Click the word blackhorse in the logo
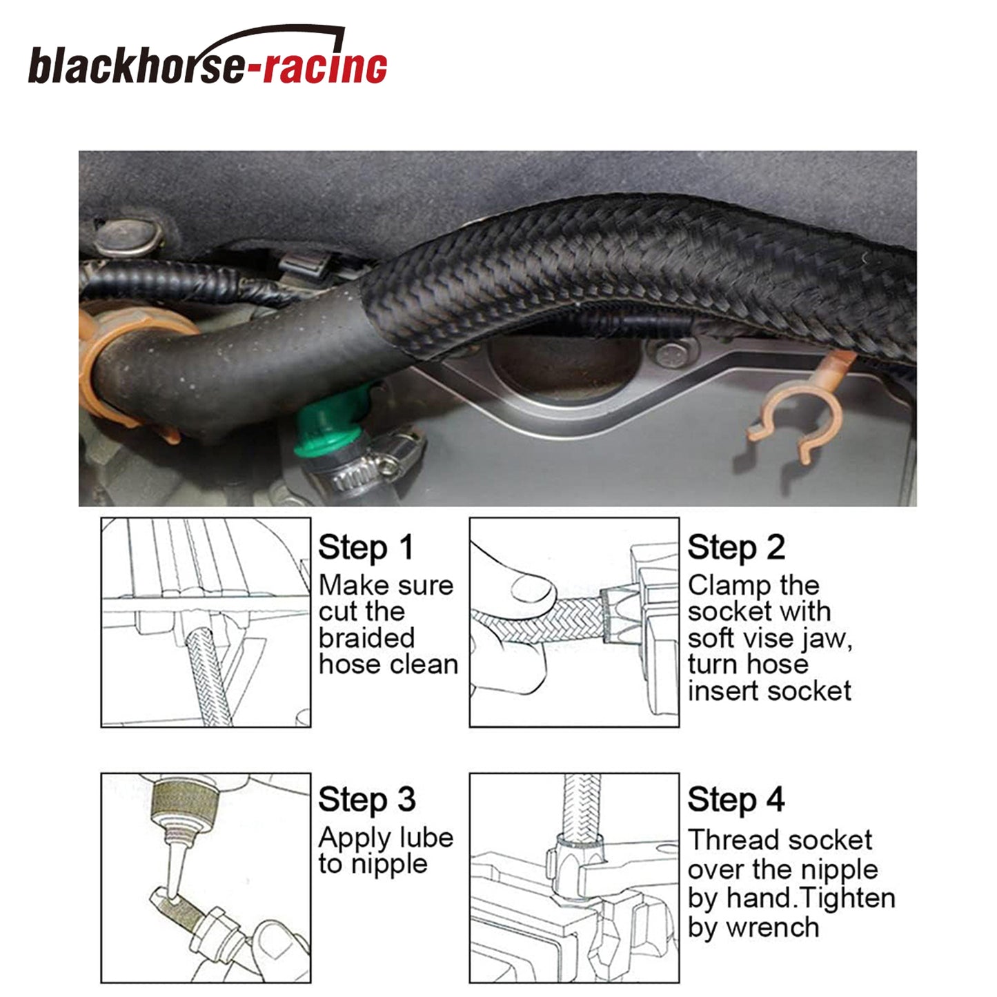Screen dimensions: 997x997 [135, 65]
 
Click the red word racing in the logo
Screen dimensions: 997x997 [326, 67]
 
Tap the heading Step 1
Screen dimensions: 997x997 [366, 548]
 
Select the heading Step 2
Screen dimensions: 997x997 [736, 548]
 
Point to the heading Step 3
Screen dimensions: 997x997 [367, 800]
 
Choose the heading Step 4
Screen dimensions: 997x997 [736, 800]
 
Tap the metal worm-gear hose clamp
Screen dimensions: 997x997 [362, 463]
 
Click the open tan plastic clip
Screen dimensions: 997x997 [800, 408]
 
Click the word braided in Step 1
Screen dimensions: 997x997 [367, 638]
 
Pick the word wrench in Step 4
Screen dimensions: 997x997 [773, 928]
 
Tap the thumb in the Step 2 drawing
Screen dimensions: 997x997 [533, 591]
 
